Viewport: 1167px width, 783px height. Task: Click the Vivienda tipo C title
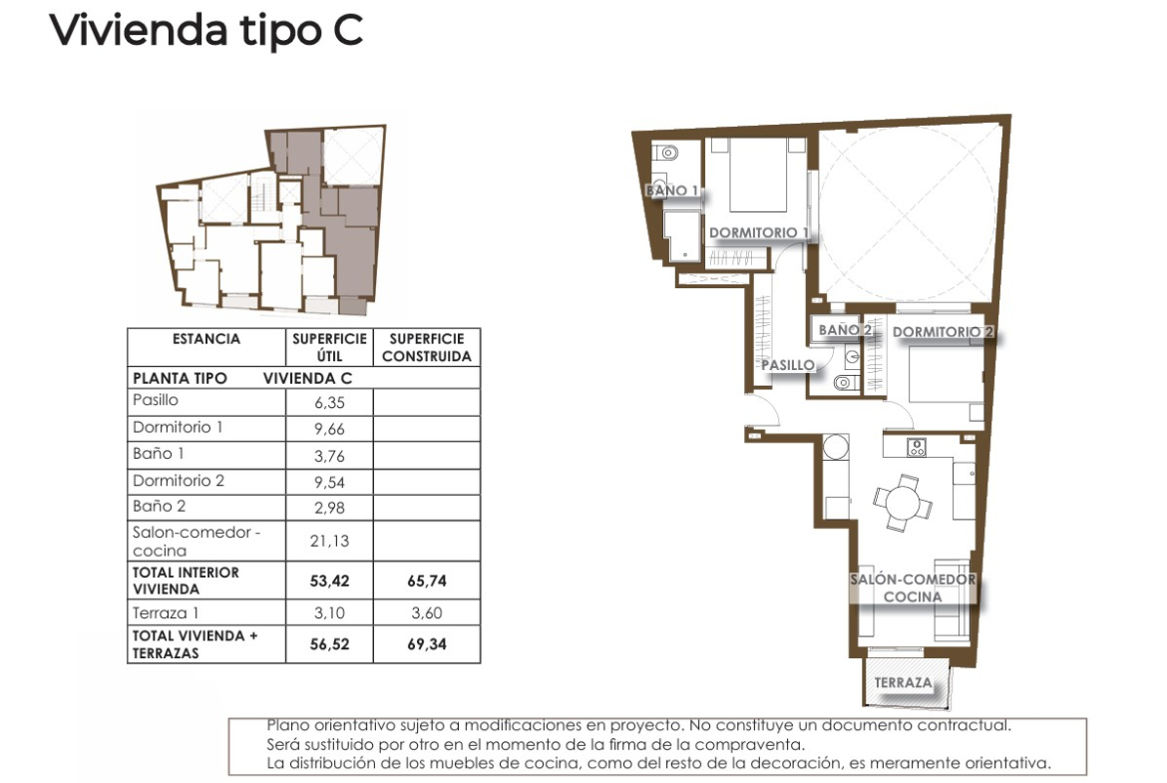[x=206, y=30]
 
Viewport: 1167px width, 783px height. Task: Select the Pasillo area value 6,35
[x=329, y=403]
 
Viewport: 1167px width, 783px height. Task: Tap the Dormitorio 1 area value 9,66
[x=329, y=429]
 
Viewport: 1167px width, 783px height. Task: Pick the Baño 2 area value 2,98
[x=329, y=508]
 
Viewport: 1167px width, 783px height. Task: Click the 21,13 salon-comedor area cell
[x=329, y=541]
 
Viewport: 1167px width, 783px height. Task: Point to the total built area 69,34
[x=427, y=644]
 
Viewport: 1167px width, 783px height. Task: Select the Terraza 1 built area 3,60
[x=427, y=612]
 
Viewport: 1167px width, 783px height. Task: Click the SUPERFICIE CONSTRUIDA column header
[x=427, y=347]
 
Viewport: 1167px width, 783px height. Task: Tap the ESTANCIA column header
[x=206, y=339]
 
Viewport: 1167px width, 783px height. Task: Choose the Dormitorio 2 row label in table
[x=179, y=481]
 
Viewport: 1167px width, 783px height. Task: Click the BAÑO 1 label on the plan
[x=672, y=191]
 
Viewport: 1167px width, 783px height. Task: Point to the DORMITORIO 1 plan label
[x=758, y=233]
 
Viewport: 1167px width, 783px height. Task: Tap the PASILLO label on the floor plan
[x=787, y=365]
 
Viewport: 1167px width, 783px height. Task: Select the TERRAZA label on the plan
[x=903, y=682]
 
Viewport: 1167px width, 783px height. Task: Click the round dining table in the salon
[x=903, y=503]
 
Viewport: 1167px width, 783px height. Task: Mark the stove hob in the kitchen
[x=917, y=447]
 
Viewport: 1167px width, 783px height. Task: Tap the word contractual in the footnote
[x=965, y=725]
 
